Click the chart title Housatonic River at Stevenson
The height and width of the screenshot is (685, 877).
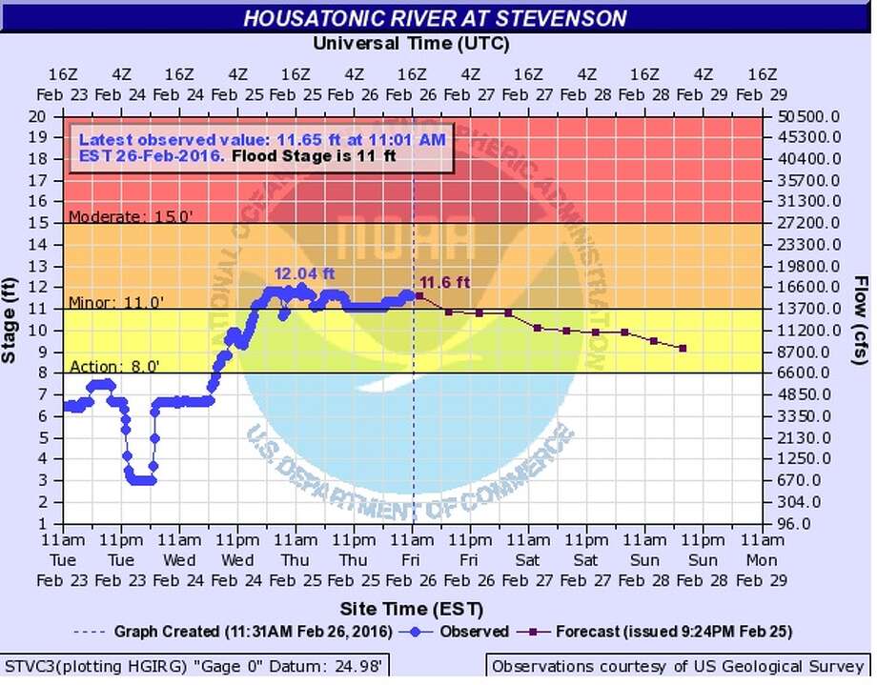pos(435,18)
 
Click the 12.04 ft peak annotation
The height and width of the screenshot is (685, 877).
pos(304,273)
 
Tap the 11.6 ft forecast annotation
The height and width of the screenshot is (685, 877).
pos(445,282)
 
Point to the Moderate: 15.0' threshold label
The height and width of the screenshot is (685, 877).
pos(132,216)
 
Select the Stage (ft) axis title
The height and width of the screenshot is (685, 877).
pos(11,319)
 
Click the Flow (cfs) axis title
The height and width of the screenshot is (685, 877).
pos(861,319)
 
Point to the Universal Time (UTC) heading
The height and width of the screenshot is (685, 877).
pos(411,44)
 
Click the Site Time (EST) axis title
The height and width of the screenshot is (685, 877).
pos(411,608)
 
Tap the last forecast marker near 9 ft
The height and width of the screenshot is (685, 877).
pos(683,349)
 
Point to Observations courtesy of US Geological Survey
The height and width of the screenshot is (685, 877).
pos(677,666)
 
